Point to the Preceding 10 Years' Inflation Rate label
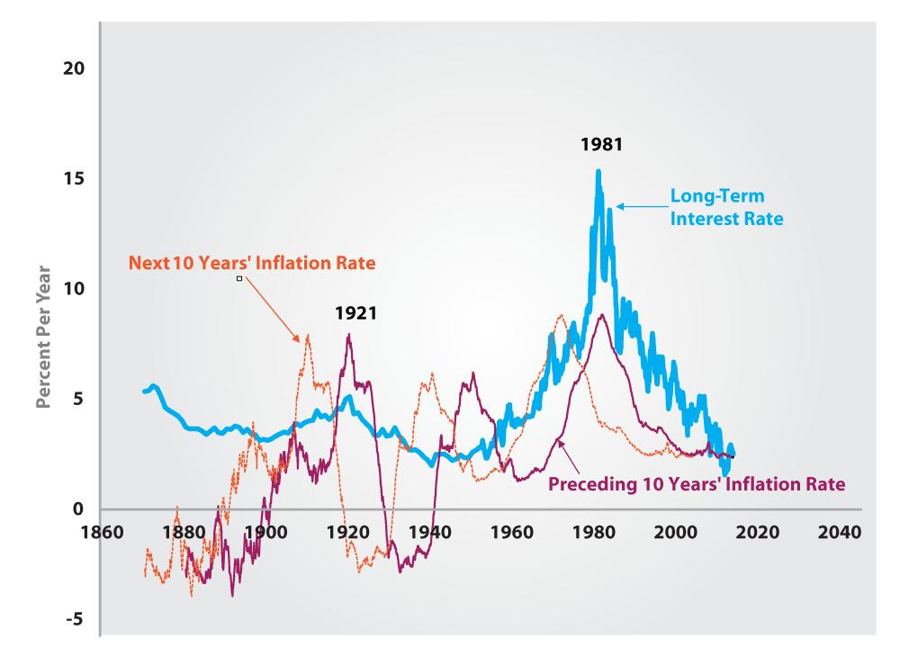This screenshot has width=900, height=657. (x=697, y=483)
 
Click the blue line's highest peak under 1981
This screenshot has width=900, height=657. (x=598, y=171)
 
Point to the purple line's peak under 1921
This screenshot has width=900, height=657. (x=348, y=336)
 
